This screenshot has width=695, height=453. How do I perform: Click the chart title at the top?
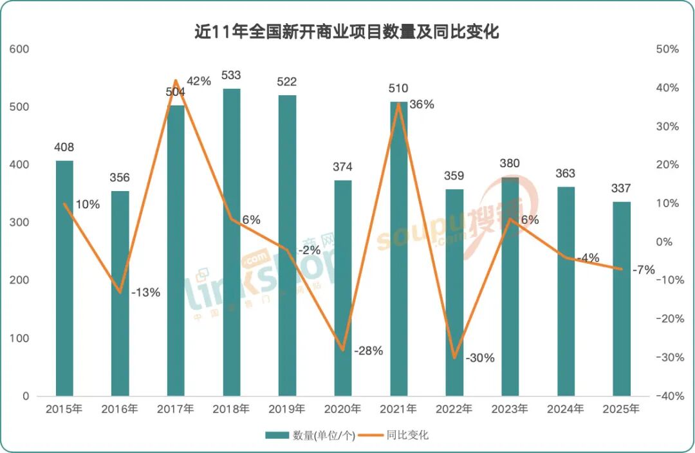347,32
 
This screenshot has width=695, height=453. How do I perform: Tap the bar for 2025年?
622,299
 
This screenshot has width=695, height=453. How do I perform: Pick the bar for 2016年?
120,293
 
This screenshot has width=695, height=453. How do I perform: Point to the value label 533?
231,76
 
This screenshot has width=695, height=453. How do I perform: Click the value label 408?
64,148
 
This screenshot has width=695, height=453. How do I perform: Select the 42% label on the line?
198,81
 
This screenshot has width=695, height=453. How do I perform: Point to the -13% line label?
145,292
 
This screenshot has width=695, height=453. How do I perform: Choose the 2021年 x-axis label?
398,409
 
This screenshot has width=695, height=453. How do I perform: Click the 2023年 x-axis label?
510,409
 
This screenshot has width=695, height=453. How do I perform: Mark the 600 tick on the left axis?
22,49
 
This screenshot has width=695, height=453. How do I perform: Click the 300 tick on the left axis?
22,223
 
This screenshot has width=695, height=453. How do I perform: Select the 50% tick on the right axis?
667,49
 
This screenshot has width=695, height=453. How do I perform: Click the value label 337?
622,189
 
